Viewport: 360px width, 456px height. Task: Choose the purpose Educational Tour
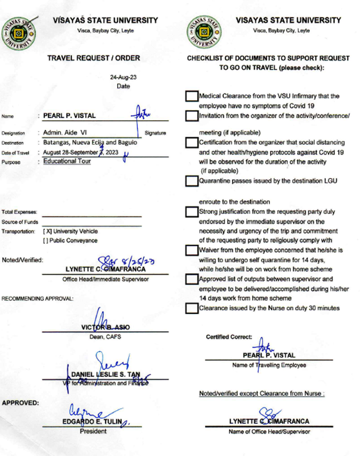click(x=67, y=161)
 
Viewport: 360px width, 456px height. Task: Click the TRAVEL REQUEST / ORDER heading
click(x=94, y=58)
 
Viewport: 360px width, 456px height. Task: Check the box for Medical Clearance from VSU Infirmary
click(x=191, y=96)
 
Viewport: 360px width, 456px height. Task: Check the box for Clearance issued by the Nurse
click(x=191, y=308)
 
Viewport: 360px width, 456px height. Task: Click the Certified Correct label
click(x=229, y=337)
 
